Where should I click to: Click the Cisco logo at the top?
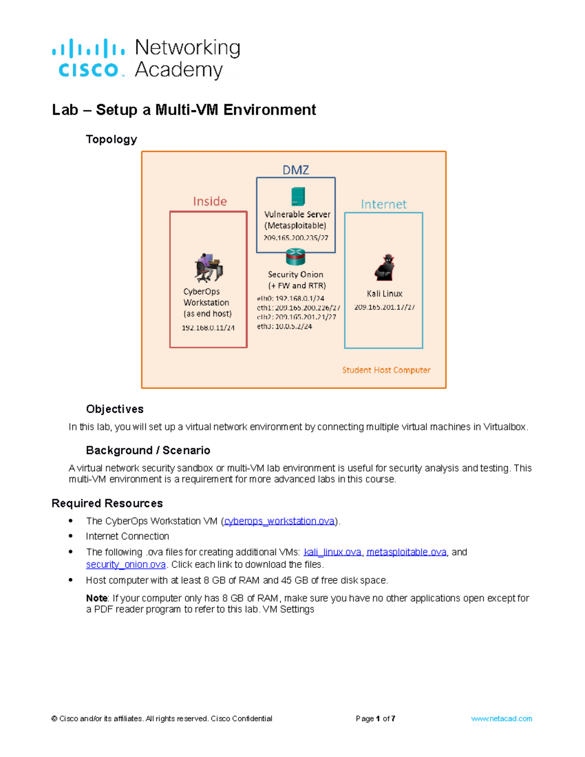pyautogui.click(x=89, y=58)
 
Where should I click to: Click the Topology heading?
pyautogui.click(x=111, y=139)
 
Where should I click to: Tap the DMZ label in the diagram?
pyautogui.click(x=295, y=170)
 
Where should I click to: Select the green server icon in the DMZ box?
pyautogui.click(x=297, y=196)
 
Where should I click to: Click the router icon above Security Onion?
pyautogui.click(x=295, y=256)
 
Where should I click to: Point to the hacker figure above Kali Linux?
pyautogui.click(x=385, y=267)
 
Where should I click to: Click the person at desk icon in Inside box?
pyautogui.click(x=208, y=268)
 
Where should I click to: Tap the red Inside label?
pyautogui.click(x=210, y=201)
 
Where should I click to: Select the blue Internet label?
pyautogui.click(x=383, y=204)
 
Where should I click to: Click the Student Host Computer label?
pyautogui.click(x=386, y=370)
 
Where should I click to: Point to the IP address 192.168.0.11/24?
pyautogui.click(x=208, y=328)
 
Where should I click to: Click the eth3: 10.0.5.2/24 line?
pyautogui.click(x=285, y=327)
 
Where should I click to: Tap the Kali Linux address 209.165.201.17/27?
pyautogui.click(x=384, y=307)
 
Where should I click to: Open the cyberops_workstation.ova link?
pyautogui.click(x=279, y=521)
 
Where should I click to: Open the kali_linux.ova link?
pyautogui.click(x=332, y=552)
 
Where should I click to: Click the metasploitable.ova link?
pyautogui.click(x=406, y=552)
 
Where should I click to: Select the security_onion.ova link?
pyautogui.click(x=126, y=564)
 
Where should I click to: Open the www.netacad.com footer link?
pyautogui.click(x=501, y=718)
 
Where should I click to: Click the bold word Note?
pyautogui.click(x=97, y=598)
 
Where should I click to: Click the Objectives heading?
pyautogui.click(x=115, y=409)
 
